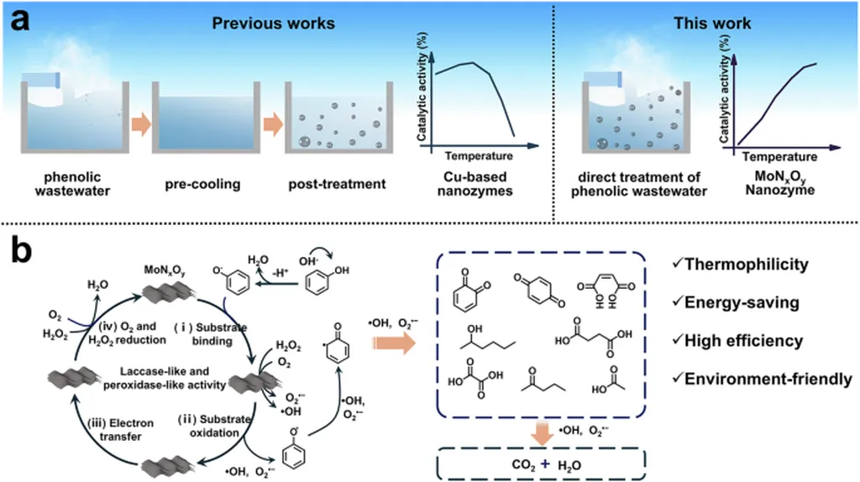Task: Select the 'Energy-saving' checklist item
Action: pos(738,303)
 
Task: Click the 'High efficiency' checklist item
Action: pos(742,341)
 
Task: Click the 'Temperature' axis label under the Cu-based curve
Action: pos(478,157)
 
